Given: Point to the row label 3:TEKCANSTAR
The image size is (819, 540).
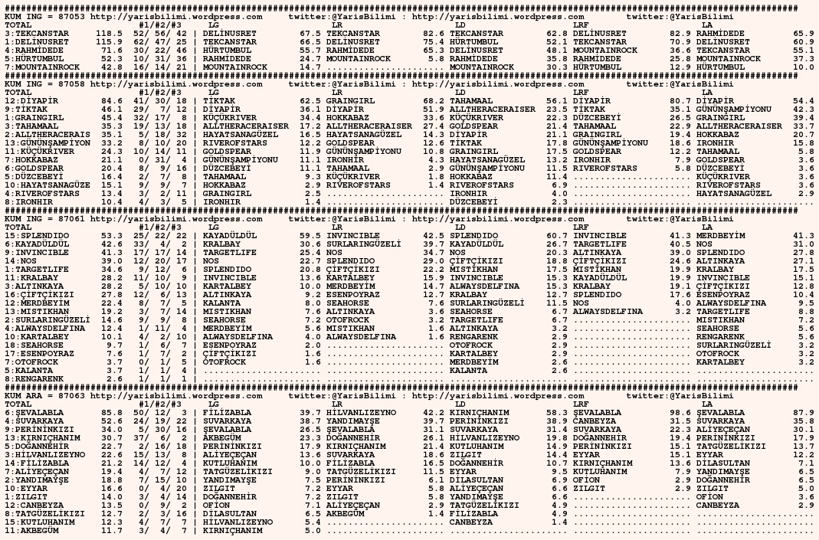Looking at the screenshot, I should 34,34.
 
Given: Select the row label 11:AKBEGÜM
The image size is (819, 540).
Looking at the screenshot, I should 31,529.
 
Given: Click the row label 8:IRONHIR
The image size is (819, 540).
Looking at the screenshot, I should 28,201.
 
